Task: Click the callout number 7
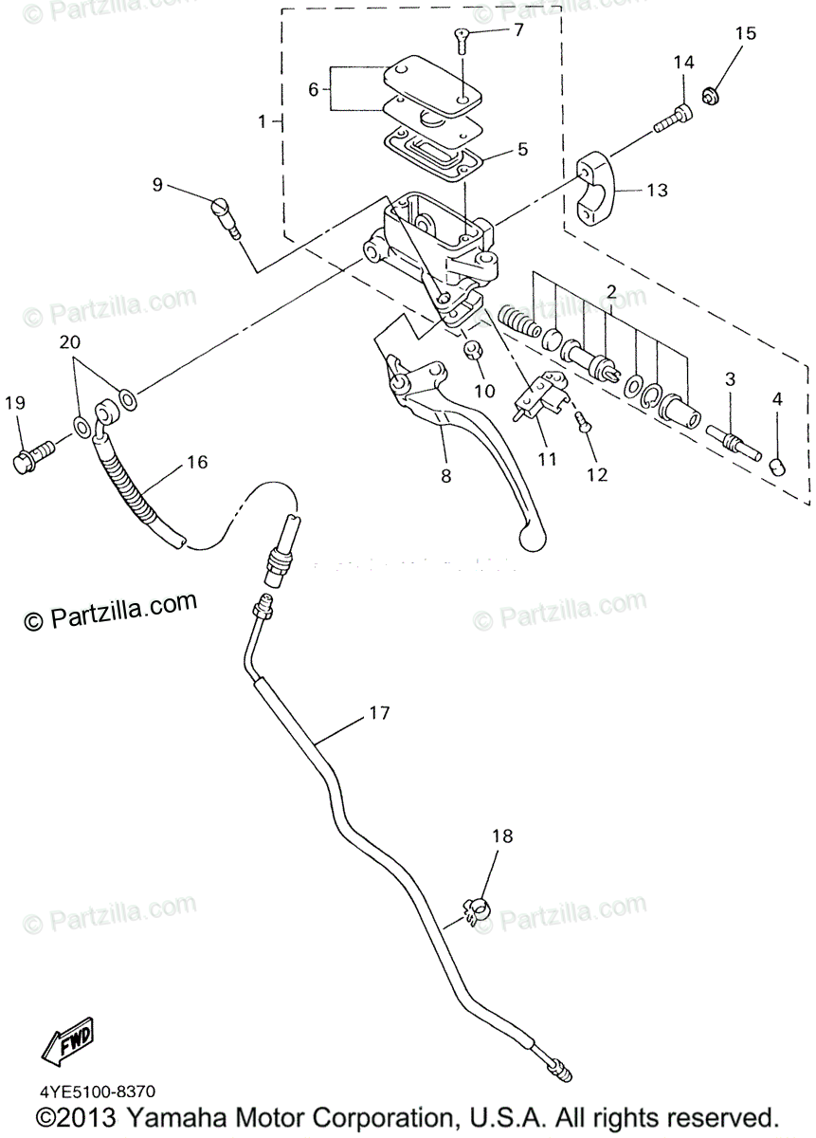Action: pyautogui.click(x=518, y=29)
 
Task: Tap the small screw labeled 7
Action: pyautogui.click(x=462, y=39)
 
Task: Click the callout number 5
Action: pyautogui.click(x=522, y=150)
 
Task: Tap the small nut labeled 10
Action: pyautogui.click(x=476, y=353)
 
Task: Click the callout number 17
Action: pyautogui.click(x=379, y=712)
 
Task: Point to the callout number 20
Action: pyautogui.click(x=70, y=341)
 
